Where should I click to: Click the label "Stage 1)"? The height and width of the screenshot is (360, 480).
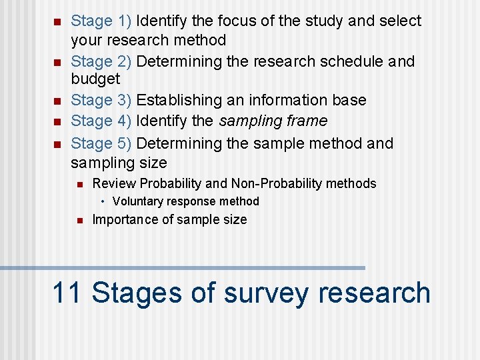tap(101, 21)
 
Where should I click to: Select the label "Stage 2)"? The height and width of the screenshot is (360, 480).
tap(101, 61)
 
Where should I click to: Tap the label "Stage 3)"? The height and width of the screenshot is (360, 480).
tap(101, 101)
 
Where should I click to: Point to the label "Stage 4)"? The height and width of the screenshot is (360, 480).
tap(101, 121)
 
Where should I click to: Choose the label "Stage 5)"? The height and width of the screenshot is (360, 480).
tap(101, 143)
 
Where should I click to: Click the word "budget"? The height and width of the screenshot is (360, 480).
tap(95, 79)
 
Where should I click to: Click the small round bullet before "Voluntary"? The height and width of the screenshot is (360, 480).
tap(104, 201)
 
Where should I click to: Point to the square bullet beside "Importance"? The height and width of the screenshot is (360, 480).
tap(79, 220)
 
